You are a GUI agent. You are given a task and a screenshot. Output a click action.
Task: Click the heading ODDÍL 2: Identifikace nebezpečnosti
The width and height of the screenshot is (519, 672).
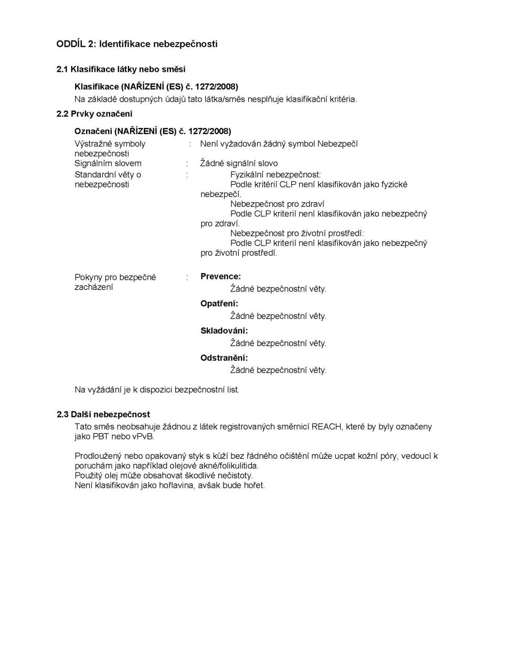(136, 44)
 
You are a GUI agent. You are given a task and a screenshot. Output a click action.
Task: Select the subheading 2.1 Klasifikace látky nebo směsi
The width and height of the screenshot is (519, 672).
(121, 69)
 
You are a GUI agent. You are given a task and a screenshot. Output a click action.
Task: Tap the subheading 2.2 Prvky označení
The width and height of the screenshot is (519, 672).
(94, 114)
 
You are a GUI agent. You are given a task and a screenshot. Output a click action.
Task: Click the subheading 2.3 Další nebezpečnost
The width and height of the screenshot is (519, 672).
(103, 414)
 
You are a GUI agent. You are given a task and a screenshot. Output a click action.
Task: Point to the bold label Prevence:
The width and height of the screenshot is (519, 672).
(220, 277)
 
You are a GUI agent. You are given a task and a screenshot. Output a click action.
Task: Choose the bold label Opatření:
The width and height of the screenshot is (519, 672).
(219, 303)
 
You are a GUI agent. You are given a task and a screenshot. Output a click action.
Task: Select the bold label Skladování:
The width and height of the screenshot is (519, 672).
(224, 331)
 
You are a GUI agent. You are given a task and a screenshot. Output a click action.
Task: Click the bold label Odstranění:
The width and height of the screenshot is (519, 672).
(224, 358)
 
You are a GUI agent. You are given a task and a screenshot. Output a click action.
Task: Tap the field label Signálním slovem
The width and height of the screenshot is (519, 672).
(108, 163)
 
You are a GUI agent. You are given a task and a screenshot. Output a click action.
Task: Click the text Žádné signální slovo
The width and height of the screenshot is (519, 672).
(239, 163)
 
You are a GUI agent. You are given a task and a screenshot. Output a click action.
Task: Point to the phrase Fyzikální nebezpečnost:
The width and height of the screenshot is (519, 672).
(275, 174)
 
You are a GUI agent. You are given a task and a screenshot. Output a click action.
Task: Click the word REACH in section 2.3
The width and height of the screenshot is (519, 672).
(326, 426)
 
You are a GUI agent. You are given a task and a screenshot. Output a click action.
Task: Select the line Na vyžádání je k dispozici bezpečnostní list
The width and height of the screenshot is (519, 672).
(157, 390)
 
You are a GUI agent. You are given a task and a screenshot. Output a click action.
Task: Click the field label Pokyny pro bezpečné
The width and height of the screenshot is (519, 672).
(115, 277)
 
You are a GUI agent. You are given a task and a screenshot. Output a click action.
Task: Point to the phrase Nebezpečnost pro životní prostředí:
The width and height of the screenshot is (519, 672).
(296, 233)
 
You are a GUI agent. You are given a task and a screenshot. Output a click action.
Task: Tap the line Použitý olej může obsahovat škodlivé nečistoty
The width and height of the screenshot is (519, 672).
(163, 476)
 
